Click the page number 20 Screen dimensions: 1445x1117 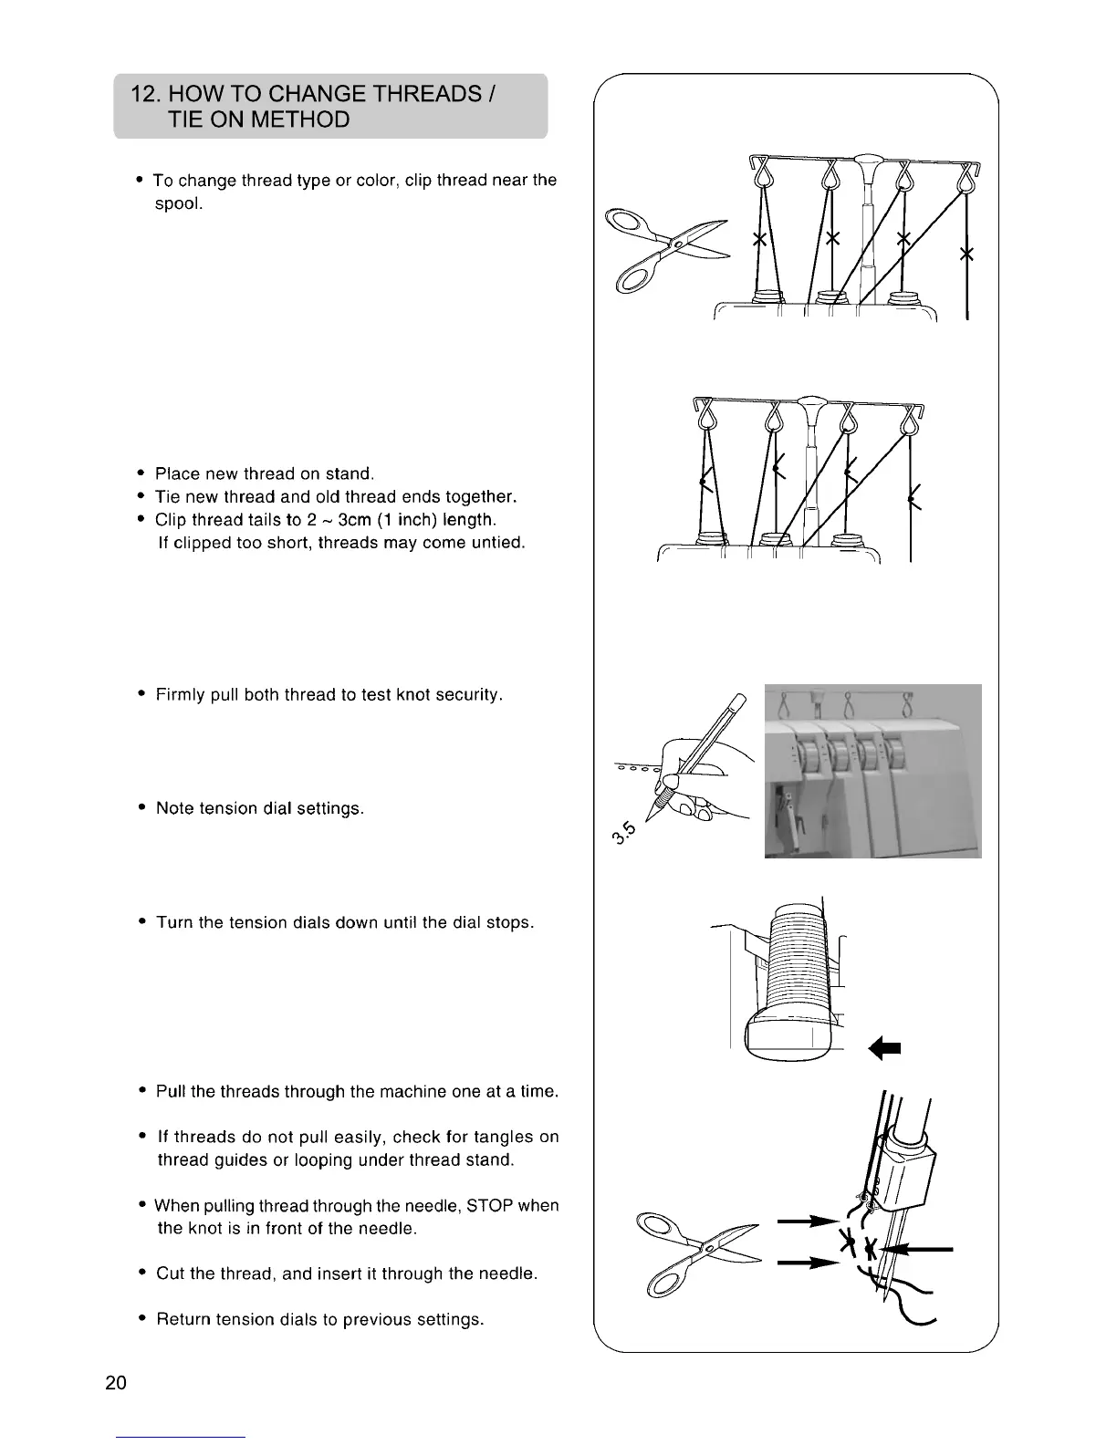click(116, 1382)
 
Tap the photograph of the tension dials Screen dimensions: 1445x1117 click(872, 770)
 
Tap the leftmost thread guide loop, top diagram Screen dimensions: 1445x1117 click(760, 173)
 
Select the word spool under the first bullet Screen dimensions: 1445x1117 click(178, 203)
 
